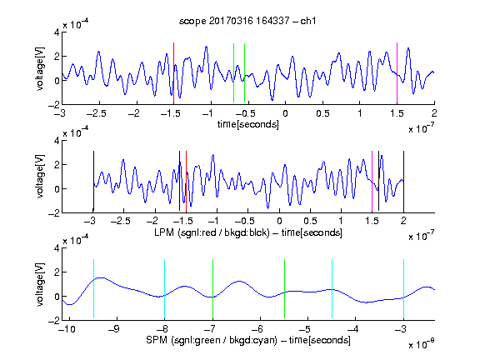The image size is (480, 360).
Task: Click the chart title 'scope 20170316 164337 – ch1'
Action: pos(247,21)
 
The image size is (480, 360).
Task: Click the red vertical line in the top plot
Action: pos(173,72)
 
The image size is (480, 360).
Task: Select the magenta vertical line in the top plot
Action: pos(397,72)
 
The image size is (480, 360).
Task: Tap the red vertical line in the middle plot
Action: pos(186,181)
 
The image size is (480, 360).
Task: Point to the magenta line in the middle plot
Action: pos(372,181)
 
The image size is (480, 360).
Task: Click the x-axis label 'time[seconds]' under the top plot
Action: pos(248,124)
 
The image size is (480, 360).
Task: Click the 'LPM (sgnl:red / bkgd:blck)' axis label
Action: pos(212,232)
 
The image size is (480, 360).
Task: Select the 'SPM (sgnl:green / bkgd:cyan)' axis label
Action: pos(212,340)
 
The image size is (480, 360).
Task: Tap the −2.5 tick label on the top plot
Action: pos(96,113)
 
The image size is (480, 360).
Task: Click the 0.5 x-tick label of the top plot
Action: pos(322,113)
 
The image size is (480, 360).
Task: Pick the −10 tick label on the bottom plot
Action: pos(67,329)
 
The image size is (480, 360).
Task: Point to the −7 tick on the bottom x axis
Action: pos(211,329)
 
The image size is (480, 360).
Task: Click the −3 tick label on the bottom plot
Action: pos(402,329)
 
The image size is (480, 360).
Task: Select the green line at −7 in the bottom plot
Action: pos(212,288)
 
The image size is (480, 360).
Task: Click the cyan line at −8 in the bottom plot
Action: pos(165,288)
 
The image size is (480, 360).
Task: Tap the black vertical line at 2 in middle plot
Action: pos(404,181)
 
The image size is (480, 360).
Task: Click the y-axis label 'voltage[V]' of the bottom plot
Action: pos(40,284)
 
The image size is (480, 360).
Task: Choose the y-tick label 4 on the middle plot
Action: pos(57,141)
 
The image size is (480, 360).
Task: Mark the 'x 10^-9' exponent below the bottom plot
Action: pos(422,345)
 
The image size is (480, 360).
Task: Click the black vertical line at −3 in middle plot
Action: pos(93,181)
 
